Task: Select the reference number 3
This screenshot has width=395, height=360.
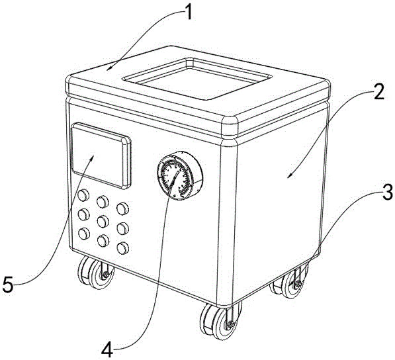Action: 387,191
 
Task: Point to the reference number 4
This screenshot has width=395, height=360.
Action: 107,349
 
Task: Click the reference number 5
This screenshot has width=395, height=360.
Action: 8,284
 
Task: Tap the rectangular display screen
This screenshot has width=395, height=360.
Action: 101,156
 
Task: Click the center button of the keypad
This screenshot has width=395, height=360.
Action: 103,222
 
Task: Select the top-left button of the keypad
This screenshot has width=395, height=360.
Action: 83,195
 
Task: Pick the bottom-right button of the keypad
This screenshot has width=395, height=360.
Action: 123,248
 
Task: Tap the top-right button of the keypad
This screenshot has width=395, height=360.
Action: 123,209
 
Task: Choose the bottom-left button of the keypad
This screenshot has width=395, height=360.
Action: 83,234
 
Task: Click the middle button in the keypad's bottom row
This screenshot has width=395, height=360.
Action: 103,241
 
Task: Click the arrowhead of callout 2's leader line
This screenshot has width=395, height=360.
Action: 289,176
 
